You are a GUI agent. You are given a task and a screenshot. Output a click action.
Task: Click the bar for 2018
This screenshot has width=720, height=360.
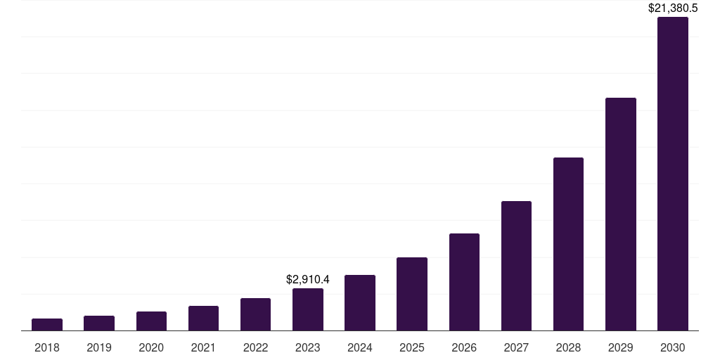coord(47,325)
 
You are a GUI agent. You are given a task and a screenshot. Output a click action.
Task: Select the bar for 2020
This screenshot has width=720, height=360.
coord(151,321)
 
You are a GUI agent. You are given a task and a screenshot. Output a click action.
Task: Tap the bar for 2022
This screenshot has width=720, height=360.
coord(255,314)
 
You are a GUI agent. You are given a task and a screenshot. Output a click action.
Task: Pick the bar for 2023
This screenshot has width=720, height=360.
coord(308,309)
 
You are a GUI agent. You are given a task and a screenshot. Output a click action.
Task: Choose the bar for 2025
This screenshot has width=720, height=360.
coord(412,294)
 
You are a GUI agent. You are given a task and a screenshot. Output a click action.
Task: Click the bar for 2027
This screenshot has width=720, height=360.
coord(516,266)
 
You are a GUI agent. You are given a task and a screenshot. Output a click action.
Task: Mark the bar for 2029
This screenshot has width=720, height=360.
coord(620,214)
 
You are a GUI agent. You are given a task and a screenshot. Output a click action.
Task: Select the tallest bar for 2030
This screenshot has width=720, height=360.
coord(673,174)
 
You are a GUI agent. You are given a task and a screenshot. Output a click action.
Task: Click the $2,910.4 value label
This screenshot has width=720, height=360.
coord(308,280)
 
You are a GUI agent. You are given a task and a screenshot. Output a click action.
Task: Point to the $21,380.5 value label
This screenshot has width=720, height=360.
coord(673,8)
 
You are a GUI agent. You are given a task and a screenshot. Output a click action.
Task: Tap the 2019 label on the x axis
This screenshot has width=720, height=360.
coord(99,347)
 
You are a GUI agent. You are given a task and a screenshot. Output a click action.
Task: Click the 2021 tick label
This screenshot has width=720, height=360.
coord(203,347)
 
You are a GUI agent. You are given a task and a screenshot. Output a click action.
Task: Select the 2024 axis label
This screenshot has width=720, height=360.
coord(360,347)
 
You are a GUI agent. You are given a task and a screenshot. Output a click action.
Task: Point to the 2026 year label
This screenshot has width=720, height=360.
coord(464,347)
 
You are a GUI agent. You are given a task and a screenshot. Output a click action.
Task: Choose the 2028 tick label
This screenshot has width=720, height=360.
coord(568,347)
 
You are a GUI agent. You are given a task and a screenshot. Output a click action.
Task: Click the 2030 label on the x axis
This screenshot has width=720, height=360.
coord(673,347)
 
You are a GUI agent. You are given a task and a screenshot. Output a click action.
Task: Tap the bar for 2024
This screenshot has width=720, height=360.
coord(360,303)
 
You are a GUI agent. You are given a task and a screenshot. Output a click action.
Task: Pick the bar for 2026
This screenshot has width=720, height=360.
coord(464,282)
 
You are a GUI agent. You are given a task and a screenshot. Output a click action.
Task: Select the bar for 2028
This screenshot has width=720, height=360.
coord(568,244)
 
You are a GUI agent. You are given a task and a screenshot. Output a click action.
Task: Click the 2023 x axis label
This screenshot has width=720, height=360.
coord(308,347)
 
